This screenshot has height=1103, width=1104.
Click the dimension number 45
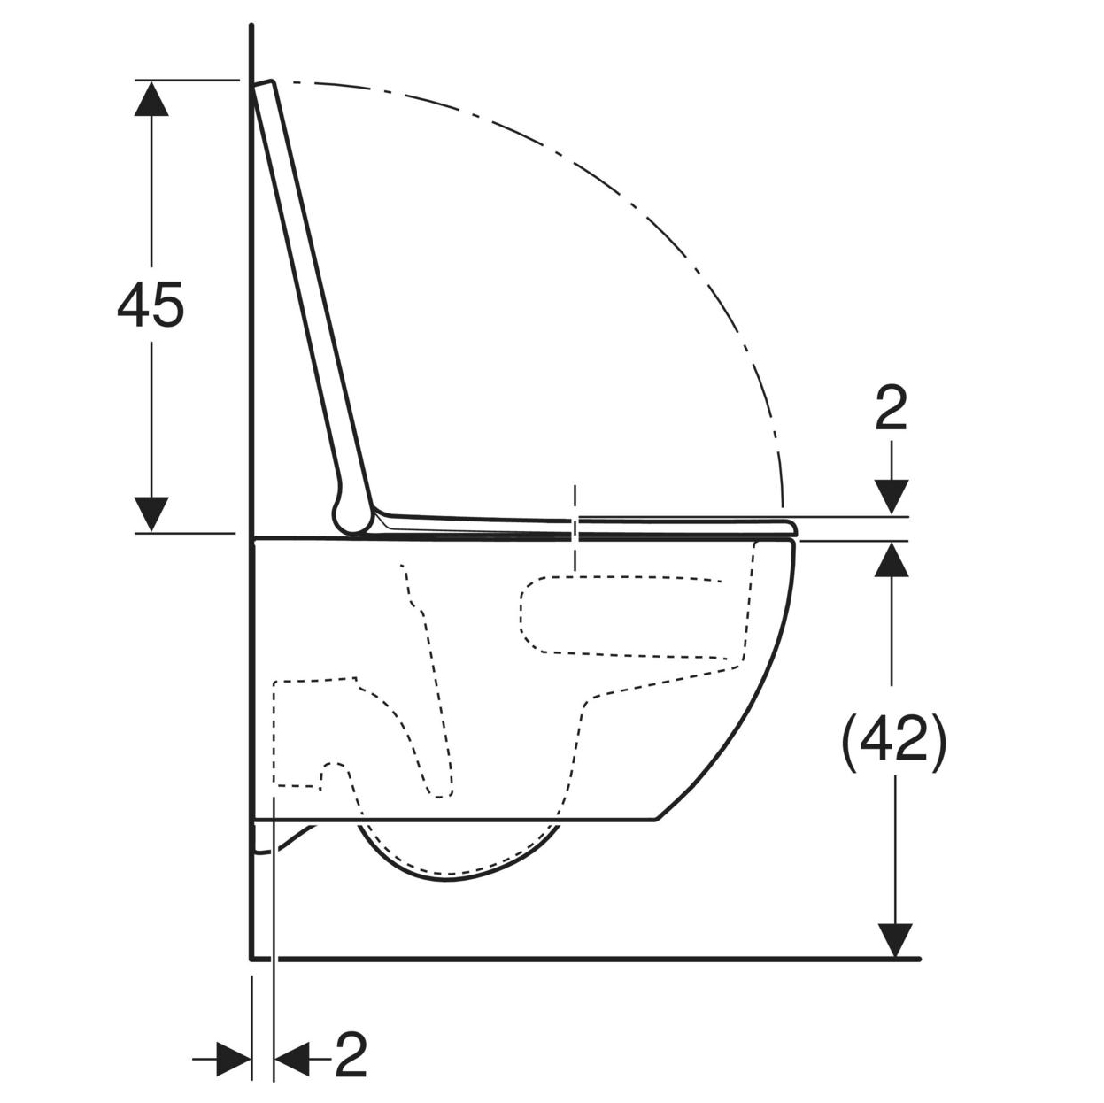[x=151, y=305]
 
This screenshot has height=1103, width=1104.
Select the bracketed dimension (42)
[x=893, y=744]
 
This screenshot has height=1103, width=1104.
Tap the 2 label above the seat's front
[x=892, y=409]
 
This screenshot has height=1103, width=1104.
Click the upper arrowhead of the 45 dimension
[x=151, y=98]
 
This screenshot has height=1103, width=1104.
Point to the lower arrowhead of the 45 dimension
[x=151, y=514]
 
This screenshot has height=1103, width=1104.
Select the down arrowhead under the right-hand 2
[x=892, y=498]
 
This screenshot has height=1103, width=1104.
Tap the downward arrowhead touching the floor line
[x=894, y=940]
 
